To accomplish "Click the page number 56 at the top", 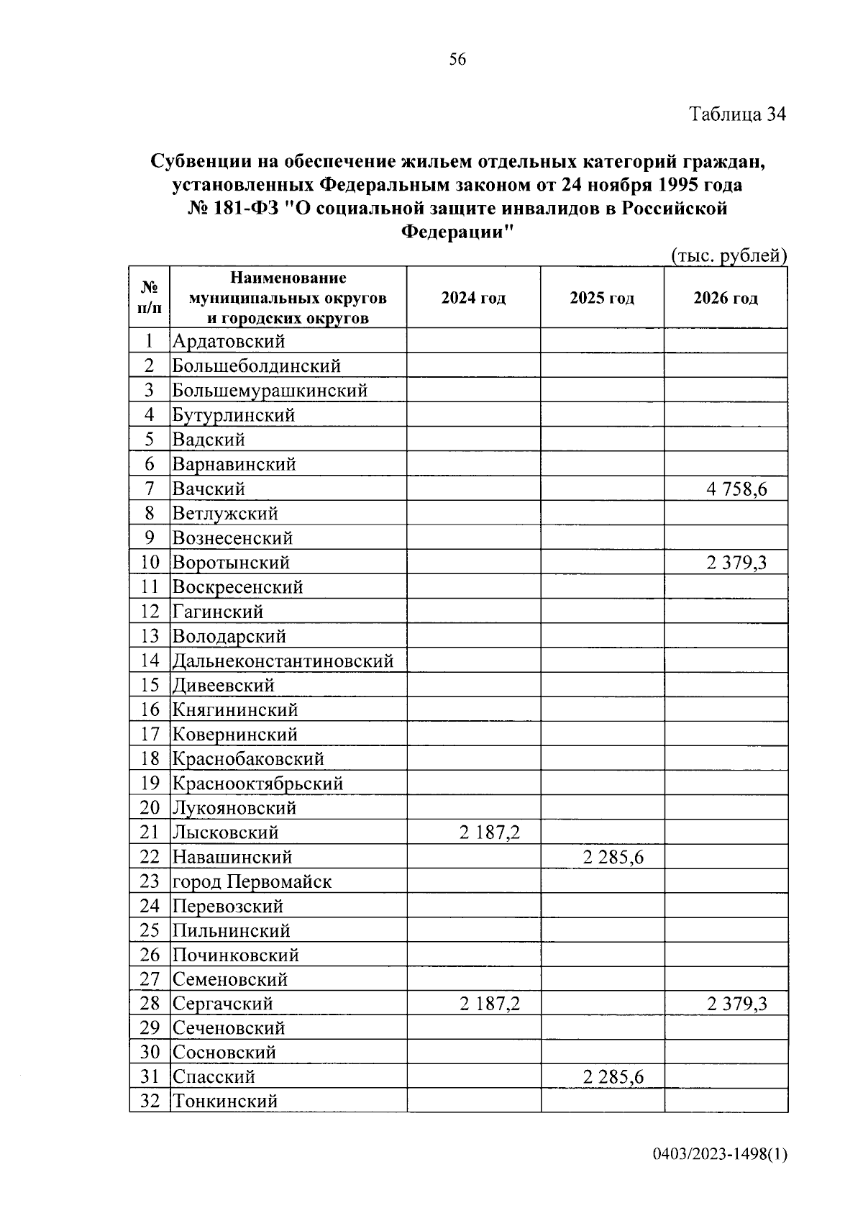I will pyautogui.click(x=457, y=60).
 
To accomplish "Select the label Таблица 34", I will pyautogui.click(x=738, y=114).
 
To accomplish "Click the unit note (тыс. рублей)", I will pyautogui.click(x=729, y=255).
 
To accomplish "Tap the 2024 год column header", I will pyautogui.click(x=473, y=298).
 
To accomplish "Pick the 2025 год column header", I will pyautogui.click(x=602, y=298).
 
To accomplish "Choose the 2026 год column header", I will pyautogui.click(x=726, y=298).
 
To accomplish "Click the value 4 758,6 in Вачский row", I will pyautogui.click(x=736, y=489).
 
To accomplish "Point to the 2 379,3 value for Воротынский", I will pyautogui.click(x=736, y=563).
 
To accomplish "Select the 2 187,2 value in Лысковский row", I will pyautogui.click(x=489, y=832).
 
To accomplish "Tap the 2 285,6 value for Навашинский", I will pyautogui.click(x=613, y=857).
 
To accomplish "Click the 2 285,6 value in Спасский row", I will pyautogui.click(x=613, y=1077).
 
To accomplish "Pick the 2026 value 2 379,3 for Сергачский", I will pyautogui.click(x=736, y=1004).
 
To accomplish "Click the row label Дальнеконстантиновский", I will pyautogui.click(x=283, y=661).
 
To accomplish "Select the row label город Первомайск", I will pyautogui.click(x=252, y=881).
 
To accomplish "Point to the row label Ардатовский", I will pyautogui.click(x=229, y=342).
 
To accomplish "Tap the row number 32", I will pyautogui.click(x=150, y=1102).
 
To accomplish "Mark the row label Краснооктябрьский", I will pyautogui.click(x=257, y=784).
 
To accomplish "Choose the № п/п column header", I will pyautogui.click(x=150, y=298).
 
